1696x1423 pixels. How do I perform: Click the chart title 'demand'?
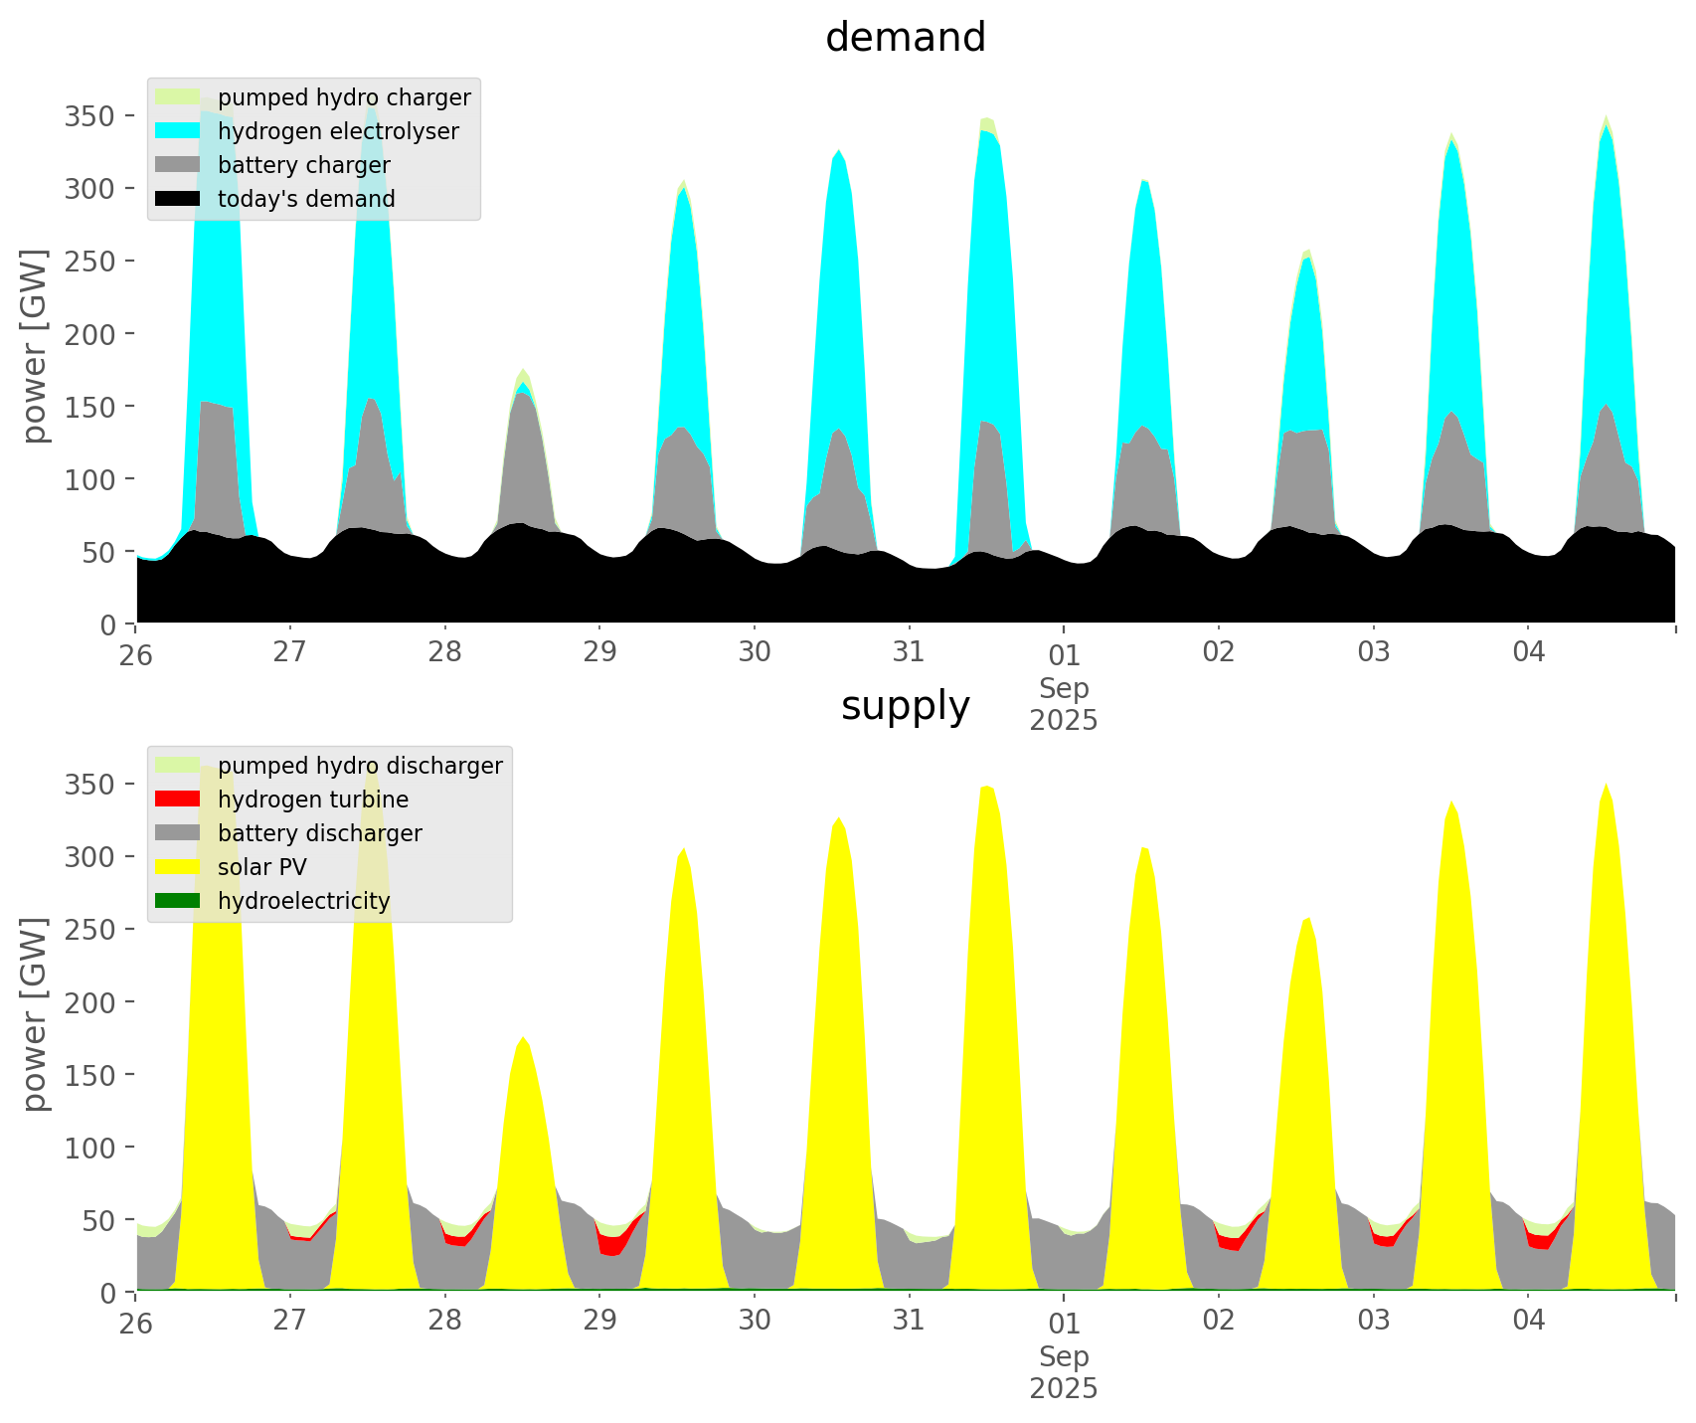coord(905,38)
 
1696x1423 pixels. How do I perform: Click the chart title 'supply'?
coord(905,706)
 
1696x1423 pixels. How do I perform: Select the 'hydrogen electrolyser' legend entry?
coord(338,131)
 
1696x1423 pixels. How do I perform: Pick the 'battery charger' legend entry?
coord(303,165)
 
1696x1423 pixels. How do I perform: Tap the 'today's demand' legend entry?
coord(306,199)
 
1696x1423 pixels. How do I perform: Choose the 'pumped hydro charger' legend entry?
coord(344,97)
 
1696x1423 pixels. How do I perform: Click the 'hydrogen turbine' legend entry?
coord(313,800)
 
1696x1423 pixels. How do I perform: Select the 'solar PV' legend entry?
coord(262,867)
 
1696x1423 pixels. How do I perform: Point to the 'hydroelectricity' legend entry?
coord(303,901)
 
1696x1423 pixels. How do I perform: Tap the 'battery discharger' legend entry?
coord(319,833)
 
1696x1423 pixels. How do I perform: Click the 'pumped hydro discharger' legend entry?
coord(360,766)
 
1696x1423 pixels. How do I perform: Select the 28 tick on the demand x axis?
coord(444,652)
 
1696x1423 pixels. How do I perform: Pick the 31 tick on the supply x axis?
coord(909,1321)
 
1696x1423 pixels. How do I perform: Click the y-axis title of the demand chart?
coord(35,346)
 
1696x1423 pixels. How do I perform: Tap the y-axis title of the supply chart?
coord(35,1014)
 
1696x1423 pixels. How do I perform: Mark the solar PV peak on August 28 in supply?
coord(523,1038)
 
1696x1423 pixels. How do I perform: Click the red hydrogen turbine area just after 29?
coord(613,1242)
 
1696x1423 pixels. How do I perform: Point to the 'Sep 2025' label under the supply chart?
coord(1064,1372)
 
